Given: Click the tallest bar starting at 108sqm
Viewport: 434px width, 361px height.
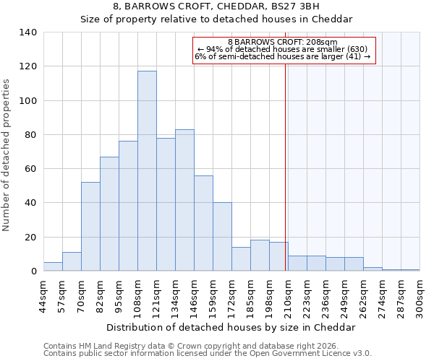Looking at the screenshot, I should [x=147, y=171].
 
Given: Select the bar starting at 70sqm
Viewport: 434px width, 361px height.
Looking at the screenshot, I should [x=90, y=227].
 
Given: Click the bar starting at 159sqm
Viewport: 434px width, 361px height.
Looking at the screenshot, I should [x=222, y=237].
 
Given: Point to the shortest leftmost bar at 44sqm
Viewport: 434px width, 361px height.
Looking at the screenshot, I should [x=53, y=266].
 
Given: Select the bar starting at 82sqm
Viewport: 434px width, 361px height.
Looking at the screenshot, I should [x=109, y=214].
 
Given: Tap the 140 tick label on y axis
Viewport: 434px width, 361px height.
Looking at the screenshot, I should [x=28, y=32].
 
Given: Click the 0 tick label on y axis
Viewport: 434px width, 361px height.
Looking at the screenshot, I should [x=33, y=271].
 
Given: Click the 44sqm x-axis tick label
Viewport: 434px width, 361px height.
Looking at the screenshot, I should [x=43, y=295].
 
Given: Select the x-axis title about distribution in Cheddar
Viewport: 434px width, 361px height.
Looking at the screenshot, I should [x=231, y=327].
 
